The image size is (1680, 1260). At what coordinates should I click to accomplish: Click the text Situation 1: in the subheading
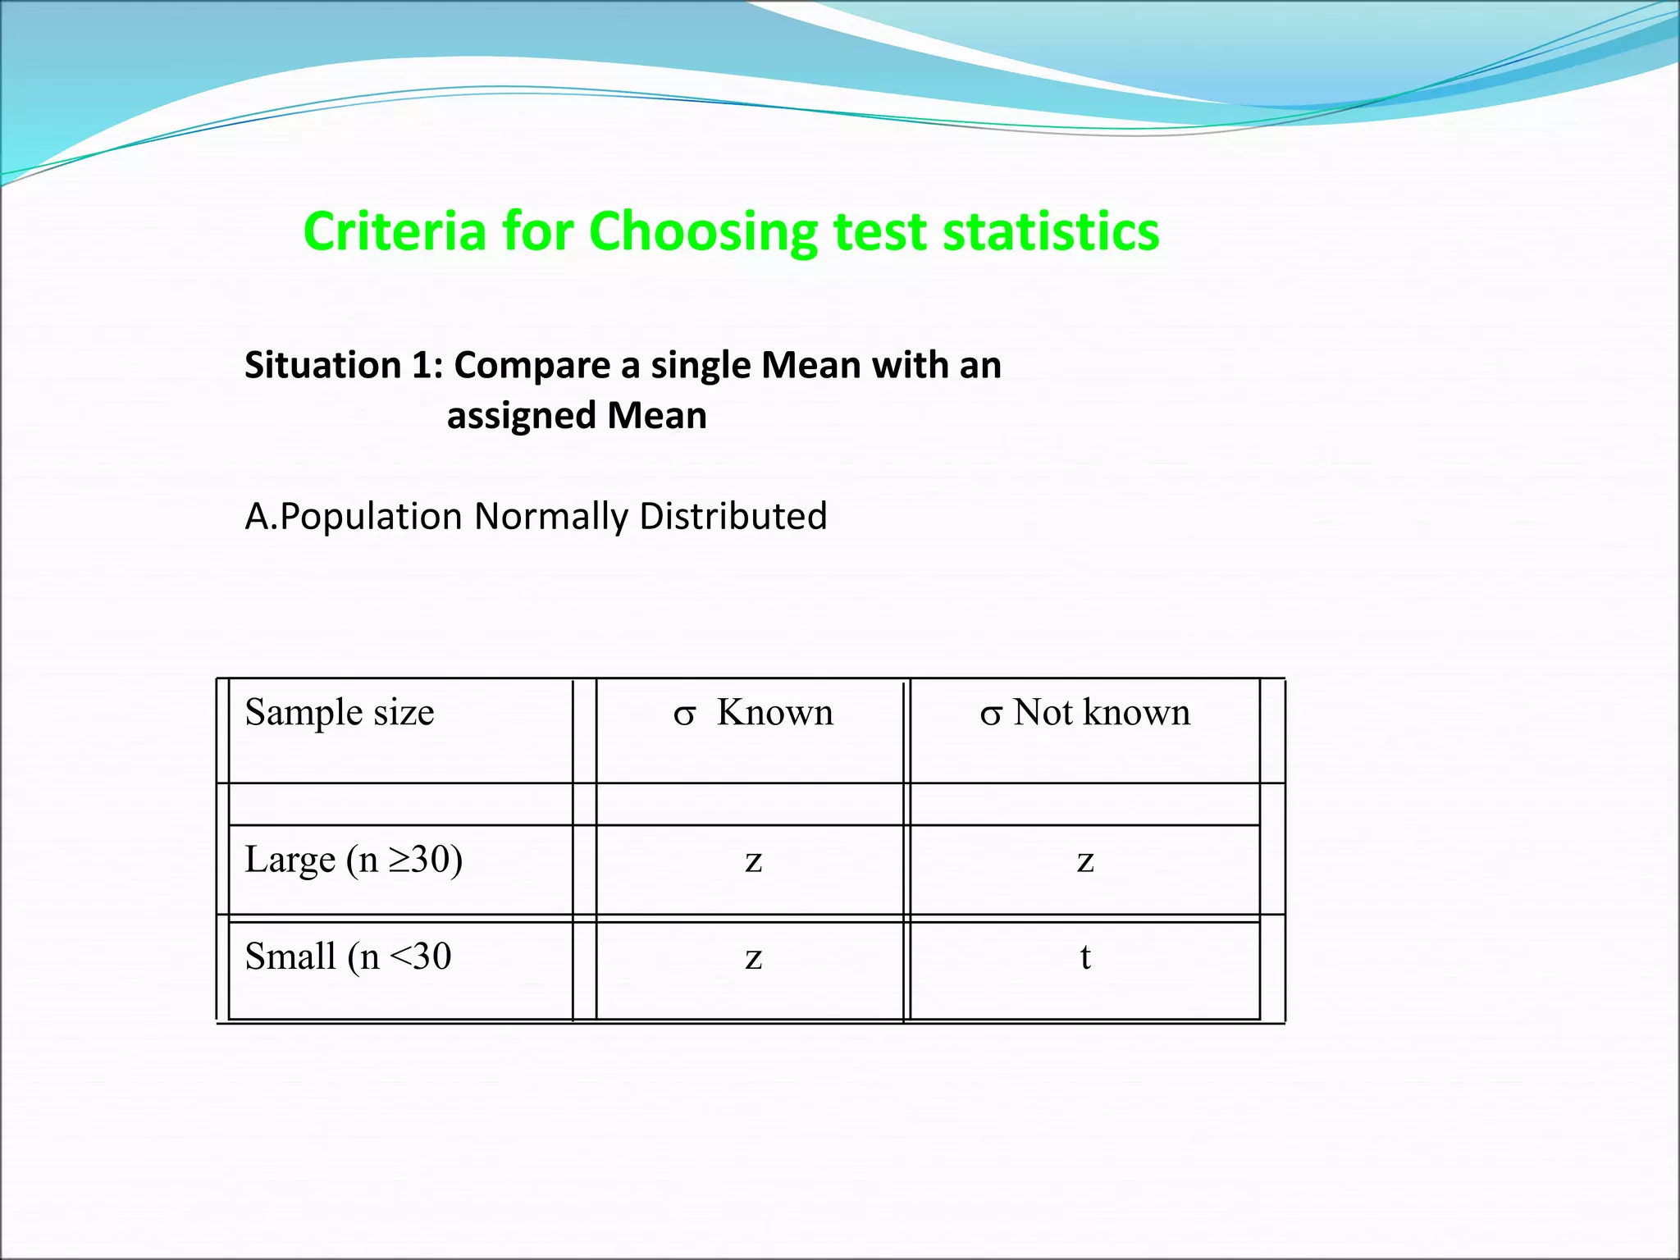click(x=344, y=365)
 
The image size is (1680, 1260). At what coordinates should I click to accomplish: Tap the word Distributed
click(x=733, y=516)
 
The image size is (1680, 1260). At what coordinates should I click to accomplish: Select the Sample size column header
click(x=340, y=712)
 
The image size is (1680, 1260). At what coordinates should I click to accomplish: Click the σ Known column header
click(x=753, y=712)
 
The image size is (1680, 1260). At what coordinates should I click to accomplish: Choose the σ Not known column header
click(x=1084, y=712)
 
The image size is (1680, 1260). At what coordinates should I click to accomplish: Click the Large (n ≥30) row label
click(x=354, y=860)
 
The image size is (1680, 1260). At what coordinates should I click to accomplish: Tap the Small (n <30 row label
click(x=348, y=956)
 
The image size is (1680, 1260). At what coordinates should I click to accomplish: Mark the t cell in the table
click(x=1085, y=956)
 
